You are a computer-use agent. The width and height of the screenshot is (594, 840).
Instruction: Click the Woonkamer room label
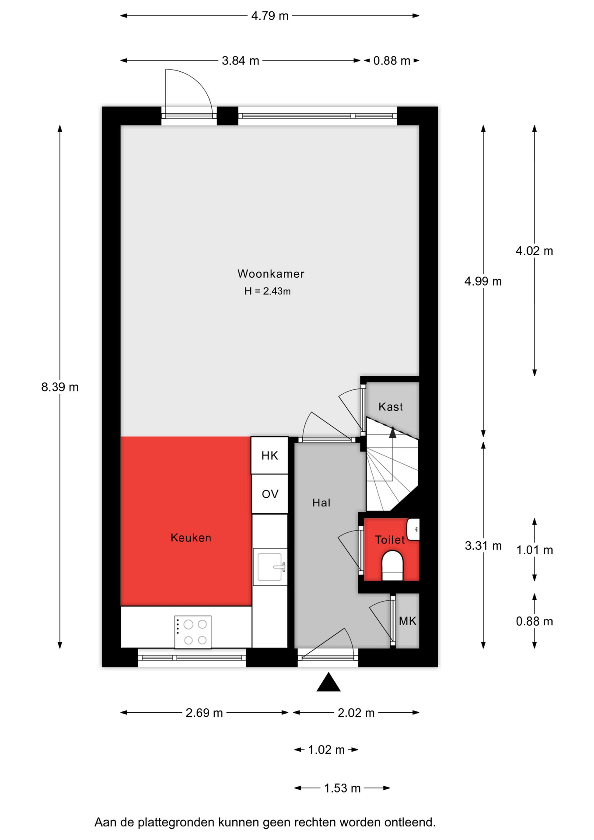pos(271,274)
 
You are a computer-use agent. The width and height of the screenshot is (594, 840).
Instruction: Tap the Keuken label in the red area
pos(191,538)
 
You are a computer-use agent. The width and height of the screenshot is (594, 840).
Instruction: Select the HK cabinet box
pos(269,455)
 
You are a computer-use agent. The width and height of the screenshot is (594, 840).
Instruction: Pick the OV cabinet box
pos(269,494)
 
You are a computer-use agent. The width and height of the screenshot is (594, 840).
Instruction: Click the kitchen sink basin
pos(270,567)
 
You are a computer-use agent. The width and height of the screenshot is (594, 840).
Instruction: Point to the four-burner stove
pos(193,632)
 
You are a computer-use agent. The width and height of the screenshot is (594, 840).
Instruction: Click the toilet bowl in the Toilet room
pos(392,566)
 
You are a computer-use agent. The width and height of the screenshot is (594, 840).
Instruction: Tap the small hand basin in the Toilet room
pos(413,529)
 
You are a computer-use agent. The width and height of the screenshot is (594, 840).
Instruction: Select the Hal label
pos(321,503)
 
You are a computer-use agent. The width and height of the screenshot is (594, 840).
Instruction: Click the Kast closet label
pos(391,407)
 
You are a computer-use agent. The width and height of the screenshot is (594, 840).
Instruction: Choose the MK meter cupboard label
pos(408,621)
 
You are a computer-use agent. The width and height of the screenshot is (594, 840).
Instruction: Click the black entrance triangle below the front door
pos(328,682)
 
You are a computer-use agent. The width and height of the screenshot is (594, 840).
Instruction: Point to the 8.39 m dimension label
pos(60,387)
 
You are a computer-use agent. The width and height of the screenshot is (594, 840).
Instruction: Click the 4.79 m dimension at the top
pos(270,16)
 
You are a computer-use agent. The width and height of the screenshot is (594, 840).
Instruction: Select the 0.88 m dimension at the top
pos(392,60)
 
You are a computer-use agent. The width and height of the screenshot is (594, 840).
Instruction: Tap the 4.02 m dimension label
pos(534,251)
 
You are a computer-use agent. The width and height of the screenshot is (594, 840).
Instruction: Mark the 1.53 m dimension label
pos(342,788)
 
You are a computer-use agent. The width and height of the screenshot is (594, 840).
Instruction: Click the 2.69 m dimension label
pos(204,713)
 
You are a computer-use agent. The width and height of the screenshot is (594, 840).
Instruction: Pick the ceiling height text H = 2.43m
pos(267,291)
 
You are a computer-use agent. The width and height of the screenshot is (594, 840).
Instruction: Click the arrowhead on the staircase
pos(392,433)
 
